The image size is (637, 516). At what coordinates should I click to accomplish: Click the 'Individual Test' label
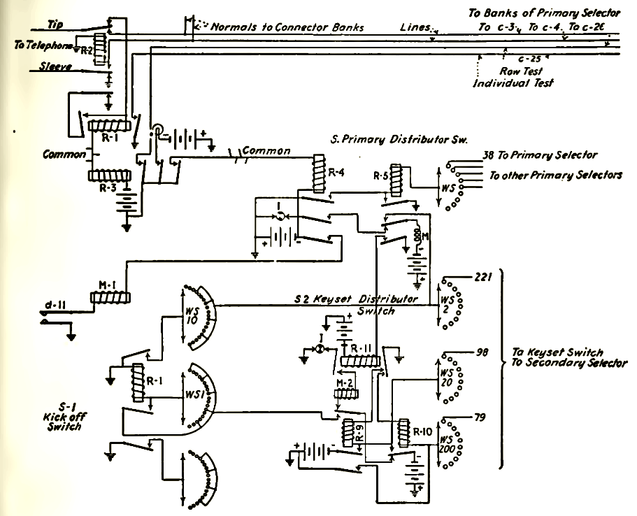tap(514, 83)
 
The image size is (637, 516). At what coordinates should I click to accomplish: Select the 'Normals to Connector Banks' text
tap(287, 27)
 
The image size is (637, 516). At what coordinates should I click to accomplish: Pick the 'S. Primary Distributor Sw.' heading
tap(399, 140)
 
